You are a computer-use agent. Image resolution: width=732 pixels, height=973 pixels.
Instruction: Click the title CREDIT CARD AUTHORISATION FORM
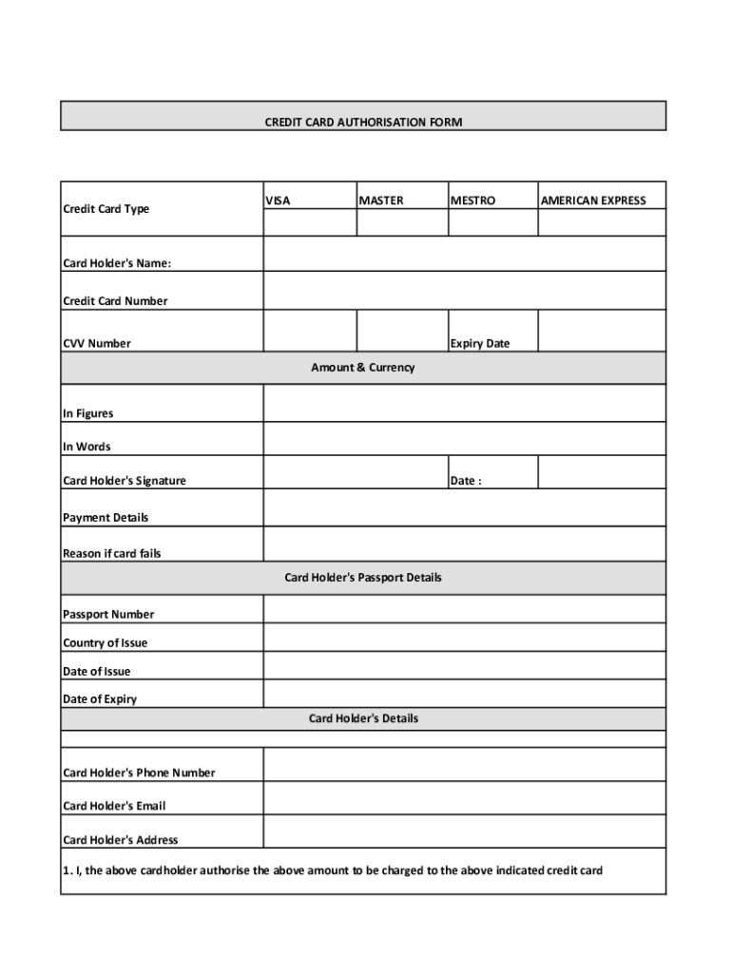coord(363,123)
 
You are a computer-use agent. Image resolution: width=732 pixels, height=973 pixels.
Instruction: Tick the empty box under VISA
coord(310,222)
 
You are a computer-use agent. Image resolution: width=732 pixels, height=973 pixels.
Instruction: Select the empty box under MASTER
coord(402,222)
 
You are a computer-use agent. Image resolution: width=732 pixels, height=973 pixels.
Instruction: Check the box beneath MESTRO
coord(492,222)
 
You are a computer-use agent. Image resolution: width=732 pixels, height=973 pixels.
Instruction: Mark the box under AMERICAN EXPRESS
coord(602,222)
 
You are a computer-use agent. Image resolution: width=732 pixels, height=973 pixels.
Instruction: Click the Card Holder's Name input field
coord(464,254)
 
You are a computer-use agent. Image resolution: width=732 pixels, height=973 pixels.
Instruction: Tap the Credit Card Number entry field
coord(464,291)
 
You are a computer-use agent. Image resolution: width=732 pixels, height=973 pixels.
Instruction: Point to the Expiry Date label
coord(480,343)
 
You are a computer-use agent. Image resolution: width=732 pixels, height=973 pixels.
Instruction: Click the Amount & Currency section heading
coord(363,368)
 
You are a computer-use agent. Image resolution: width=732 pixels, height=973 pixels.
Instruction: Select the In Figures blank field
coord(464,403)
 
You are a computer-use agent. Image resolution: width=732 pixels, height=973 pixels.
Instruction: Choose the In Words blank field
coord(464,439)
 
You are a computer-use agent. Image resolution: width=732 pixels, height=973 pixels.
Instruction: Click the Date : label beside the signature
coord(466,481)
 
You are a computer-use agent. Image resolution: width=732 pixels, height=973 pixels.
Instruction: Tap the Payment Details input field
coord(464,507)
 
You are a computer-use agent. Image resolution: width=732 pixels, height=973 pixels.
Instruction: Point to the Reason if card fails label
coord(112,553)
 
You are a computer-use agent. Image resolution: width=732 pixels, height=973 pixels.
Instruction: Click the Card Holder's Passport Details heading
coord(363,578)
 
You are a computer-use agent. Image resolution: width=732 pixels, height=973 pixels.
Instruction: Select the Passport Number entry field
coord(464,609)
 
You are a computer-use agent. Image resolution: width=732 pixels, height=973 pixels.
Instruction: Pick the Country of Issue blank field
coord(464,637)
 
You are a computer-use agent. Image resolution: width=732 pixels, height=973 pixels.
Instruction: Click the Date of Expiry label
coord(100,699)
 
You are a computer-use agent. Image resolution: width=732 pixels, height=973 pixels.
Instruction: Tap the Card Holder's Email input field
coord(464,798)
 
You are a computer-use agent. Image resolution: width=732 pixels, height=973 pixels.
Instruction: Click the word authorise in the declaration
coord(224,870)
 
